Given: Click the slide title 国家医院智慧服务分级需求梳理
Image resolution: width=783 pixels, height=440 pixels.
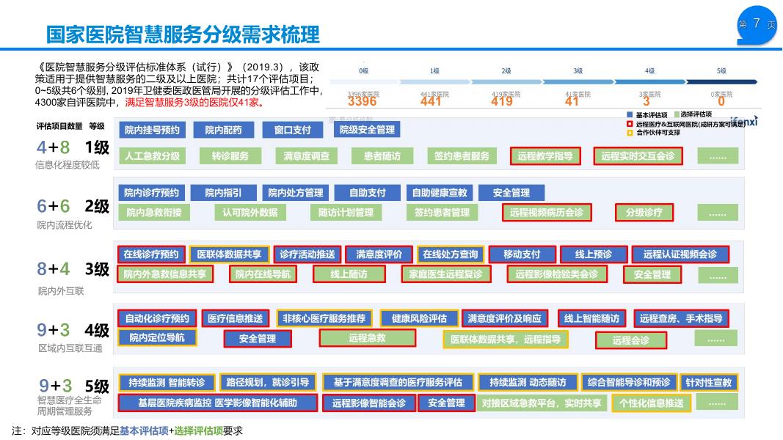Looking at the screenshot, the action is coord(183,34).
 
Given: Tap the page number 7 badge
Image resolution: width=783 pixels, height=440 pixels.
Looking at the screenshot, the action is coord(757,24).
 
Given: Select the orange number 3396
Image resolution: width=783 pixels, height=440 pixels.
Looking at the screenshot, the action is coord(362,102).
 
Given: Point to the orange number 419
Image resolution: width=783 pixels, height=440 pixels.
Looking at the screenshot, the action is coord(502,102).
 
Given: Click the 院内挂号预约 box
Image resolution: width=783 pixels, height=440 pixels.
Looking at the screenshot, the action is coord(152,130).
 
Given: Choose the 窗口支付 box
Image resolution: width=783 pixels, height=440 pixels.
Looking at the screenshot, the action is coord(293,130).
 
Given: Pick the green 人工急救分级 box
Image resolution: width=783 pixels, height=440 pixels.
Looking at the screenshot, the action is coord(152,156).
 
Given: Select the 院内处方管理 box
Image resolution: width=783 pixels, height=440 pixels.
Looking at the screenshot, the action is coord(296,193).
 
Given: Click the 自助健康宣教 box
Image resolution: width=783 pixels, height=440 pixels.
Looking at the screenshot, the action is coord(439,193).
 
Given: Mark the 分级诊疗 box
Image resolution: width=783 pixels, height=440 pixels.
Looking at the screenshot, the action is coord(644,213).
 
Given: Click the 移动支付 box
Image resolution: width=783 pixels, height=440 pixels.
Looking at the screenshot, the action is coord(522,254).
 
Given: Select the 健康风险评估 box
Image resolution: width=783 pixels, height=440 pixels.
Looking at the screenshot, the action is coord(419,318).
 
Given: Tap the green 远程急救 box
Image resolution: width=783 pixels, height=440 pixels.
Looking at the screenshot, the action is coord(367,338).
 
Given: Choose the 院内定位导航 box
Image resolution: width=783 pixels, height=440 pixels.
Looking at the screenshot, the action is coord(152,338).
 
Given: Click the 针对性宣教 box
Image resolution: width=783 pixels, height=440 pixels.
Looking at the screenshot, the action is coord(708,382).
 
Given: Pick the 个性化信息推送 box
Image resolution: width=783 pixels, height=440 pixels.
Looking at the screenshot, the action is coord(651,403).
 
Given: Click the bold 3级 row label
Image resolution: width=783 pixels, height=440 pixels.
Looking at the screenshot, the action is coord(97,269).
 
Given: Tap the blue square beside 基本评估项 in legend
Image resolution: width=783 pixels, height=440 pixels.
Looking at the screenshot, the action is coord(630,115).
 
